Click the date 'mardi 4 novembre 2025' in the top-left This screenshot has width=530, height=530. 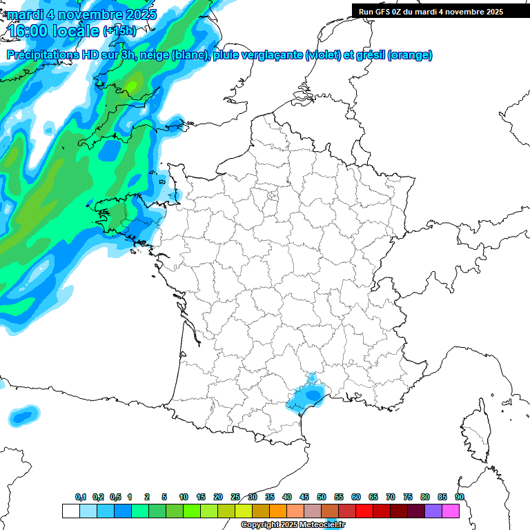coord(81,14)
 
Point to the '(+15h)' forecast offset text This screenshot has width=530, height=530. coord(119,31)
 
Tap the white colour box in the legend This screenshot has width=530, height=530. coord(70,511)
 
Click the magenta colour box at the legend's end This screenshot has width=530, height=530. coord(451,511)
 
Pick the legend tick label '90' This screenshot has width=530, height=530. coord(460,497)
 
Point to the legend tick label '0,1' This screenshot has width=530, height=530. coord(81,497)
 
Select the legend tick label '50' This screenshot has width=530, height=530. coord(322,497)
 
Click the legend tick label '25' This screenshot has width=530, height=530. coord(235,497)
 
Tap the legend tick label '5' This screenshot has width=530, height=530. coord(164,497)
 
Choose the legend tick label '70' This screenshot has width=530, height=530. coord(391,497)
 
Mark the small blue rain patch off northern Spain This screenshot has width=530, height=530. coord(23,416)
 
